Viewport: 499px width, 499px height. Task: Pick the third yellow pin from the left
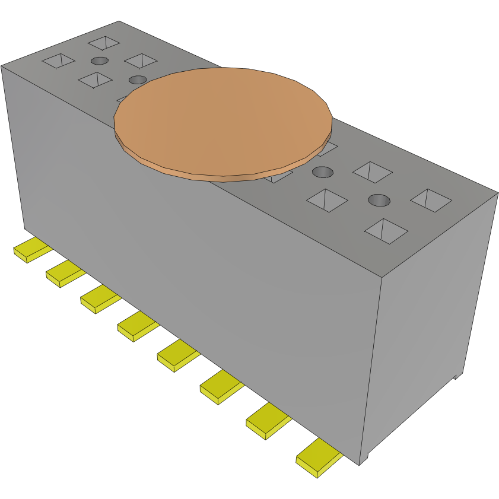pyautogui.click(x=100, y=298)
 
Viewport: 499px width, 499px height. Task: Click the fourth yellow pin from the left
pyautogui.click(x=137, y=326)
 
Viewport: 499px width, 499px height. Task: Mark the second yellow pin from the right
pyautogui.click(x=267, y=422)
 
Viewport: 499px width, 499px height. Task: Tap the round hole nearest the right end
pyautogui.click(x=379, y=200)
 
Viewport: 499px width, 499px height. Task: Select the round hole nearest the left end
pyautogui.click(x=100, y=61)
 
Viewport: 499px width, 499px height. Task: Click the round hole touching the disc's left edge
pyautogui.click(x=138, y=80)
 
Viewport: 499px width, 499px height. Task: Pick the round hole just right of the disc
pyautogui.click(x=323, y=172)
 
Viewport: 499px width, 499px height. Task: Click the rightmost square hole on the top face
pyautogui.click(x=431, y=200)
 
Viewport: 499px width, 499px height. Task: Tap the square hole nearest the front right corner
pyautogui.click(x=386, y=231)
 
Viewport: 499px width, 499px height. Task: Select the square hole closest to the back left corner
pyautogui.click(x=104, y=43)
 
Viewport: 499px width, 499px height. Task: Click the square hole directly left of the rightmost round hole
pyautogui.click(x=327, y=200)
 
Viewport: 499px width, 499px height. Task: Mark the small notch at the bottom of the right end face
pyautogui.click(x=456, y=376)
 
